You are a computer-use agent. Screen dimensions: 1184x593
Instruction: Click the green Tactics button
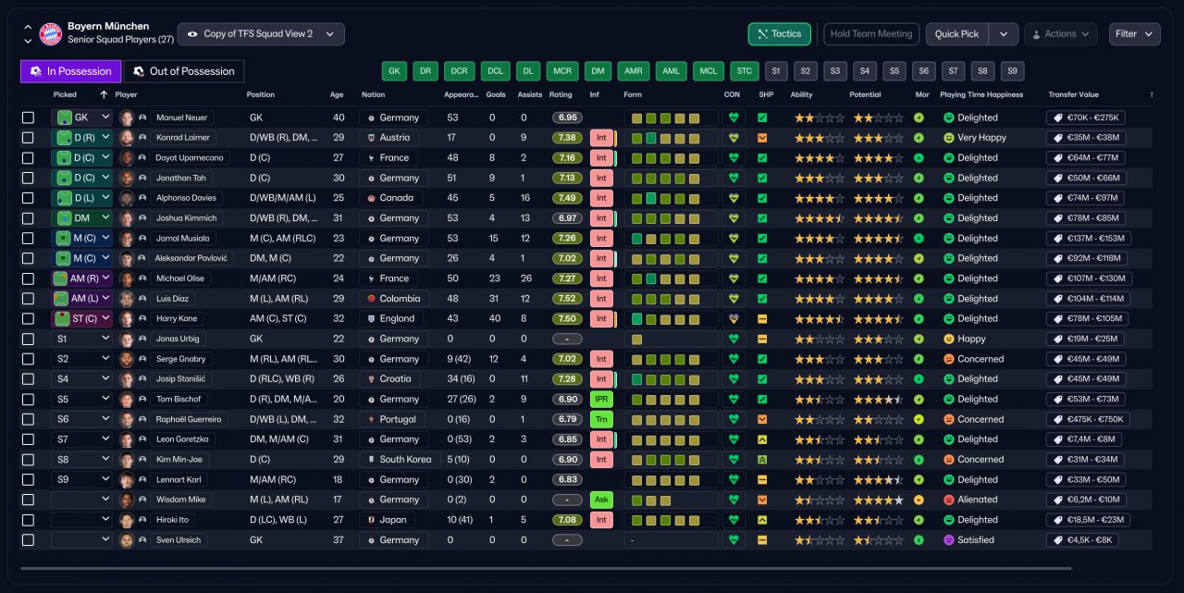tap(779, 34)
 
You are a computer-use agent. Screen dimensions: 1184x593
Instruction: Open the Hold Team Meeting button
tap(871, 34)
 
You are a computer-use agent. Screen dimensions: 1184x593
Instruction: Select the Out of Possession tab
tap(183, 71)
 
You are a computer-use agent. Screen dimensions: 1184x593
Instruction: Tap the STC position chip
tap(745, 71)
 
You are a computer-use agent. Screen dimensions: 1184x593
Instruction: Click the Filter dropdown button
tap(1134, 34)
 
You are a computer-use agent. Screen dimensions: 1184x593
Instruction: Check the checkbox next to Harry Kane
tap(28, 318)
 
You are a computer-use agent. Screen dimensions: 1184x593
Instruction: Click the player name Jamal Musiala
tap(182, 239)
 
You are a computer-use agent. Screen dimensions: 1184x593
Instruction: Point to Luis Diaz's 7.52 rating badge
tap(567, 299)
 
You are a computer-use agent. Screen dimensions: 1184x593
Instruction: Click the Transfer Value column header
tap(1073, 94)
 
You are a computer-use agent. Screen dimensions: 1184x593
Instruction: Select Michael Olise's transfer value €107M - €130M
tap(1089, 278)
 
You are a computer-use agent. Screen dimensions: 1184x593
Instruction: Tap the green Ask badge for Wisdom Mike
tap(601, 500)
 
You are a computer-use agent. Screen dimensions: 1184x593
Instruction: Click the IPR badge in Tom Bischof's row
tap(601, 399)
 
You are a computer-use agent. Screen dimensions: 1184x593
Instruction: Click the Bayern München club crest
tap(51, 34)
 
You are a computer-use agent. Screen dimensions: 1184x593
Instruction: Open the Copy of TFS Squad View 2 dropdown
tap(261, 34)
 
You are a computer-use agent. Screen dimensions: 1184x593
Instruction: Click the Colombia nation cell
tap(394, 299)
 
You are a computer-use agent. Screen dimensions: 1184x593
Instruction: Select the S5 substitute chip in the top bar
tap(894, 71)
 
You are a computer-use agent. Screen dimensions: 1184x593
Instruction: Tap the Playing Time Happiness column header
tap(981, 94)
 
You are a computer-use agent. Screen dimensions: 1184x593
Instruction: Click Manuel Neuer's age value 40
tap(339, 117)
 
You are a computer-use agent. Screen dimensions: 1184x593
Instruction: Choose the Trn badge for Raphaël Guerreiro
tap(601, 419)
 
